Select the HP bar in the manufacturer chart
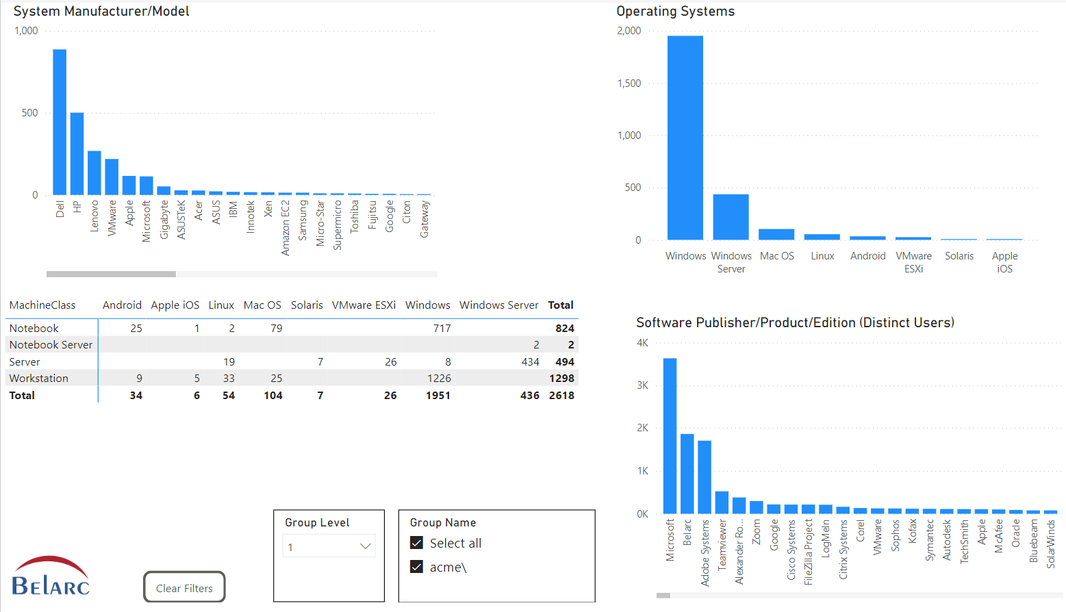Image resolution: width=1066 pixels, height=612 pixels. [77, 153]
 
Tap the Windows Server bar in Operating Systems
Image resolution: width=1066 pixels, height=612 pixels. [731, 217]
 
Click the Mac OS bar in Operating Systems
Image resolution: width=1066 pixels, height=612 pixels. [776, 234]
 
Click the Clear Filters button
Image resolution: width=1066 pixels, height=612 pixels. [184, 587]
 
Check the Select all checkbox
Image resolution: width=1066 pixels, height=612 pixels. [416, 543]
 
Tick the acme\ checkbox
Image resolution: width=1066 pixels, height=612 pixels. [416, 567]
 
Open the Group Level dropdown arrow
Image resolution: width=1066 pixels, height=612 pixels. [365, 546]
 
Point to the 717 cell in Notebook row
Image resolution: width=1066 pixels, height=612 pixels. [442, 329]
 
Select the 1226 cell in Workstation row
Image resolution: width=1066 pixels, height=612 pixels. [439, 379]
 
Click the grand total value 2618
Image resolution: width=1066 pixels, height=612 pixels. [561, 396]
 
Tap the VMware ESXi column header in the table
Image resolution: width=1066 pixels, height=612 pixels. [364, 305]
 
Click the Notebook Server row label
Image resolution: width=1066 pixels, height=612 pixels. [51, 345]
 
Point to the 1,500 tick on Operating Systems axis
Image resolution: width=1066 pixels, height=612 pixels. [629, 84]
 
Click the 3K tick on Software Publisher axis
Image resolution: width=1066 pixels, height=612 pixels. [642, 385]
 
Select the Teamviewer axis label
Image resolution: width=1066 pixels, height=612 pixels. [722, 544]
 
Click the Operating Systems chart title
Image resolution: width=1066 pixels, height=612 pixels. [675, 12]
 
